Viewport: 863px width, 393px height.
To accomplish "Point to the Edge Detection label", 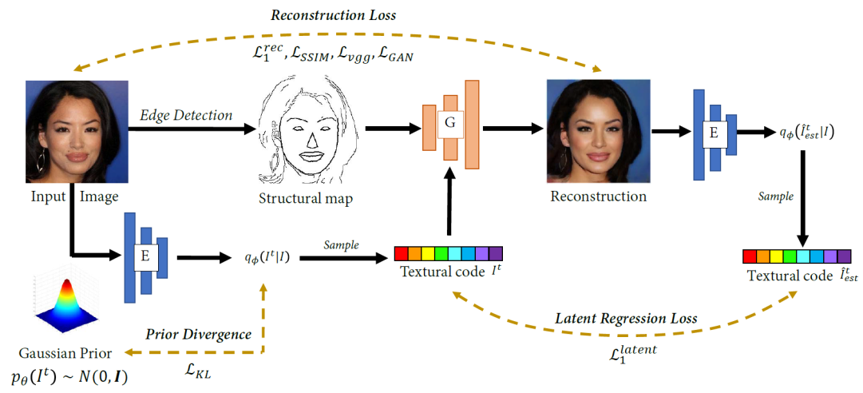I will coord(186,115).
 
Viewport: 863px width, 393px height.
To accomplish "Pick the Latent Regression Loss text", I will coord(626,319).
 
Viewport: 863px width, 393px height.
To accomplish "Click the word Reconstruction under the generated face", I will coord(598,196).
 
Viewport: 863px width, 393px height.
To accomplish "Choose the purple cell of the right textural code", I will coord(844,256).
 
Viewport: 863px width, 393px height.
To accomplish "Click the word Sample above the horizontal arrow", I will coord(341,244).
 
